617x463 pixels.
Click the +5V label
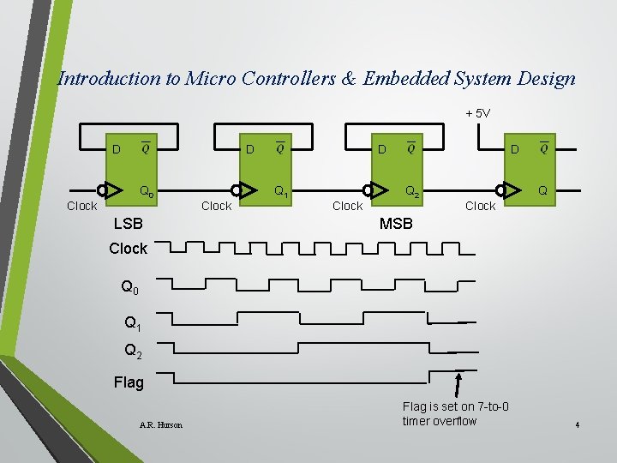click(477, 113)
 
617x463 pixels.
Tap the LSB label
click(129, 224)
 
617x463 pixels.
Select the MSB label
click(396, 224)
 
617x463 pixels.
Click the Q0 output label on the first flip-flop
click(147, 191)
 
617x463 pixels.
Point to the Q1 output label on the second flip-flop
click(280, 191)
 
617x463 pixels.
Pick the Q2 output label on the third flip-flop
click(412, 191)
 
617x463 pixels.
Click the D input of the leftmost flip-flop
click(116, 151)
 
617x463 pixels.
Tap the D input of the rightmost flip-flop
click(515, 151)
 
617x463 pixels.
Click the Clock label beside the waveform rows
click(129, 249)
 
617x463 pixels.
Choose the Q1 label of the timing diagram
click(133, 323)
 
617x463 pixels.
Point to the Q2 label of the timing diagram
click(133, 351)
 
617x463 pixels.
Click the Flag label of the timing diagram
click(129, 382)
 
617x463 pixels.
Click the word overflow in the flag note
click(455, 421)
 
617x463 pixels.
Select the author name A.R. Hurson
click(160, 424)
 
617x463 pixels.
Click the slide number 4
click(578, 425)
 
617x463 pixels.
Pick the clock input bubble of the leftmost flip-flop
click(102, 190)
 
